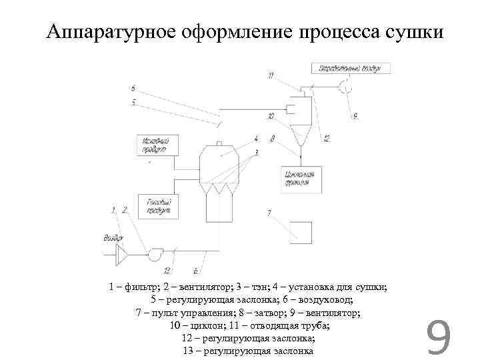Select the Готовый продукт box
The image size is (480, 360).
pos(157,205)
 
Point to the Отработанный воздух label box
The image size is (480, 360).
pos(349,68)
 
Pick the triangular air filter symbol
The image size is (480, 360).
pos(122,254)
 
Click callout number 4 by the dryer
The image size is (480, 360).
pos(256,139)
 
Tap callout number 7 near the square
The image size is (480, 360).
pos(269,213)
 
